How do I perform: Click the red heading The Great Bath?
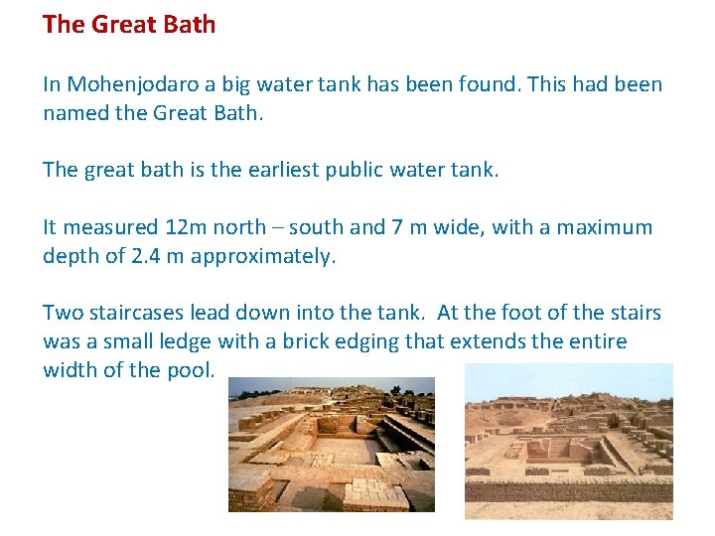[129, 25]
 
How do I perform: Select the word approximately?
[263, 256]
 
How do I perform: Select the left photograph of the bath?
[332, 445]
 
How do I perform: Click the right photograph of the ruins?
[569, 441]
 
